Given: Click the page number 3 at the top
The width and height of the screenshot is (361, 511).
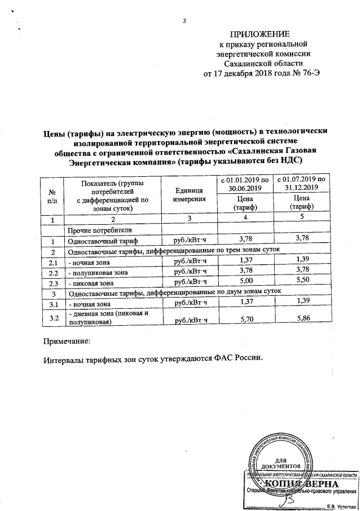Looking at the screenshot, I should pyautogui.click(x=184, y=22).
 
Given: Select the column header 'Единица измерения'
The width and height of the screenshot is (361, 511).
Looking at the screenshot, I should pyautogui.click(x=188, y=195).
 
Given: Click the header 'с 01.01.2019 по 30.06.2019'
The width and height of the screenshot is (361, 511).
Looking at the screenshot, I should pyautogui.click(x=245, y=183).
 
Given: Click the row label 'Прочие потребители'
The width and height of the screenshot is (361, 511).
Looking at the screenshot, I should pyautogui.click(x=100, y=230).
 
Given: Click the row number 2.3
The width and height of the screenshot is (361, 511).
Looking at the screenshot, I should pyautogui.click(x=54, y=282).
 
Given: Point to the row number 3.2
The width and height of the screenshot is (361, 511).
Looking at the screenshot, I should pyautogui.click(x=54, y=318).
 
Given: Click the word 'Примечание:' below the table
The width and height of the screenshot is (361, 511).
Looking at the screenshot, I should pyautogui.click(x=67, y=342).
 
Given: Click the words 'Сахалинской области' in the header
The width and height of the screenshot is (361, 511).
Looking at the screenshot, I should pyautogui.click(x=265, y=64).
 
